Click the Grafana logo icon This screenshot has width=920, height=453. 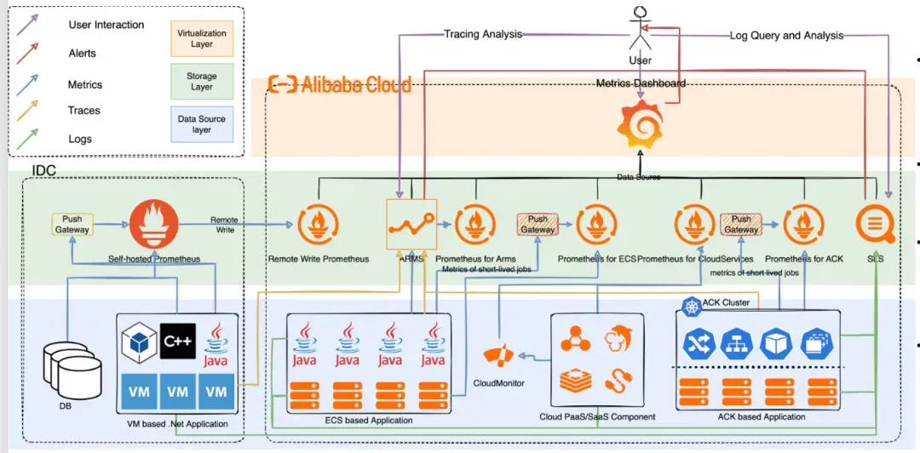click(640, 124)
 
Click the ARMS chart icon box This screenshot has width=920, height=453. click(411, 224)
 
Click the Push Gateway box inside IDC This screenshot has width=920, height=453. click(72, 225)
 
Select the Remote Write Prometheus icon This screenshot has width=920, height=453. click(319, 225)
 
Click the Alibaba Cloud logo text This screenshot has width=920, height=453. click(341, 83)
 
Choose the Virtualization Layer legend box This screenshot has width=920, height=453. click(202, 37)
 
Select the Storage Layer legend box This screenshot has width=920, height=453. click(202, 81)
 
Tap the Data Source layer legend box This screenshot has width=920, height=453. click(202, 124)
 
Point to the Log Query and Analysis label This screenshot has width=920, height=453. click(786, 36)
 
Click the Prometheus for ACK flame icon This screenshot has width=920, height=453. click(802, 225)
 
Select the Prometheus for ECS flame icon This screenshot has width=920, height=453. click(597, 225)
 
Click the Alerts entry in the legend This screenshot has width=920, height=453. click(82, 54)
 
